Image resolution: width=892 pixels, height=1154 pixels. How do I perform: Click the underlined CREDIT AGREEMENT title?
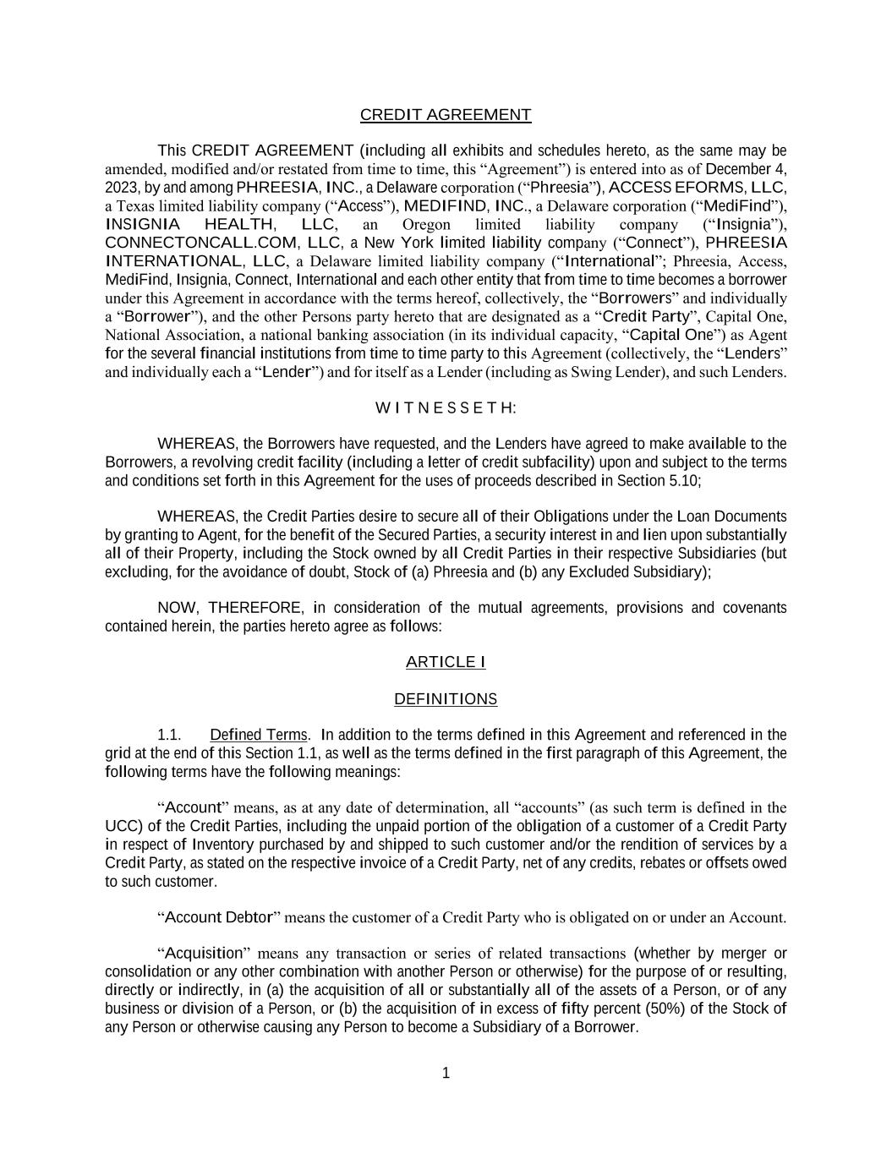(446, 115)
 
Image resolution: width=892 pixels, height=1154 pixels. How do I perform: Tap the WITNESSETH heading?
(446, 408)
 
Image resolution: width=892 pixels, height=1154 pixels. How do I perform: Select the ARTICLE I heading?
(446, 662)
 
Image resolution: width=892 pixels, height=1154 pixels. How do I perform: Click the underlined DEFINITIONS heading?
(446, 699)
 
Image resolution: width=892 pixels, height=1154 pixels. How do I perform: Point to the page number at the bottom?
(446, 1074)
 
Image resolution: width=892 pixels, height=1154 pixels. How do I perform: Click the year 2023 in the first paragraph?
(121, 188)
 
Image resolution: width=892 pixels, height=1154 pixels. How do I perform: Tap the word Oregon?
(426, 225)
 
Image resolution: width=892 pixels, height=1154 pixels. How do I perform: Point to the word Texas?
(134, 206)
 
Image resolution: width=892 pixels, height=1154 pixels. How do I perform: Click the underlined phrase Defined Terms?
(259, 735)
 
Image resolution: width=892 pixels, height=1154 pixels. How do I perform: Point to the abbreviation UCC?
(118, 826)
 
